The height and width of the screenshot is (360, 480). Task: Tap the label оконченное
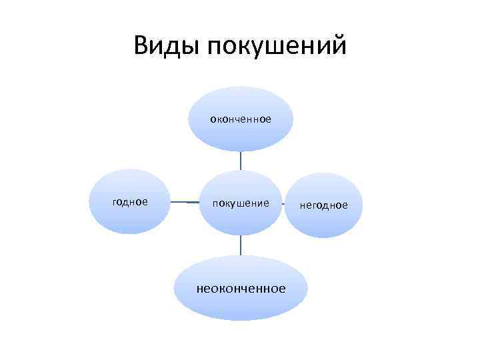241,119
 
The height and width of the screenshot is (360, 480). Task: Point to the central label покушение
241,202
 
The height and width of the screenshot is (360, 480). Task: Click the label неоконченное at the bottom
241,289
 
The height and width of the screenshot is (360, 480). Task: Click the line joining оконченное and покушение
241,161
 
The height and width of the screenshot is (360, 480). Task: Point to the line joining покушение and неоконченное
241,245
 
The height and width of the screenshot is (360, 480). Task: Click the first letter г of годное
116,202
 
